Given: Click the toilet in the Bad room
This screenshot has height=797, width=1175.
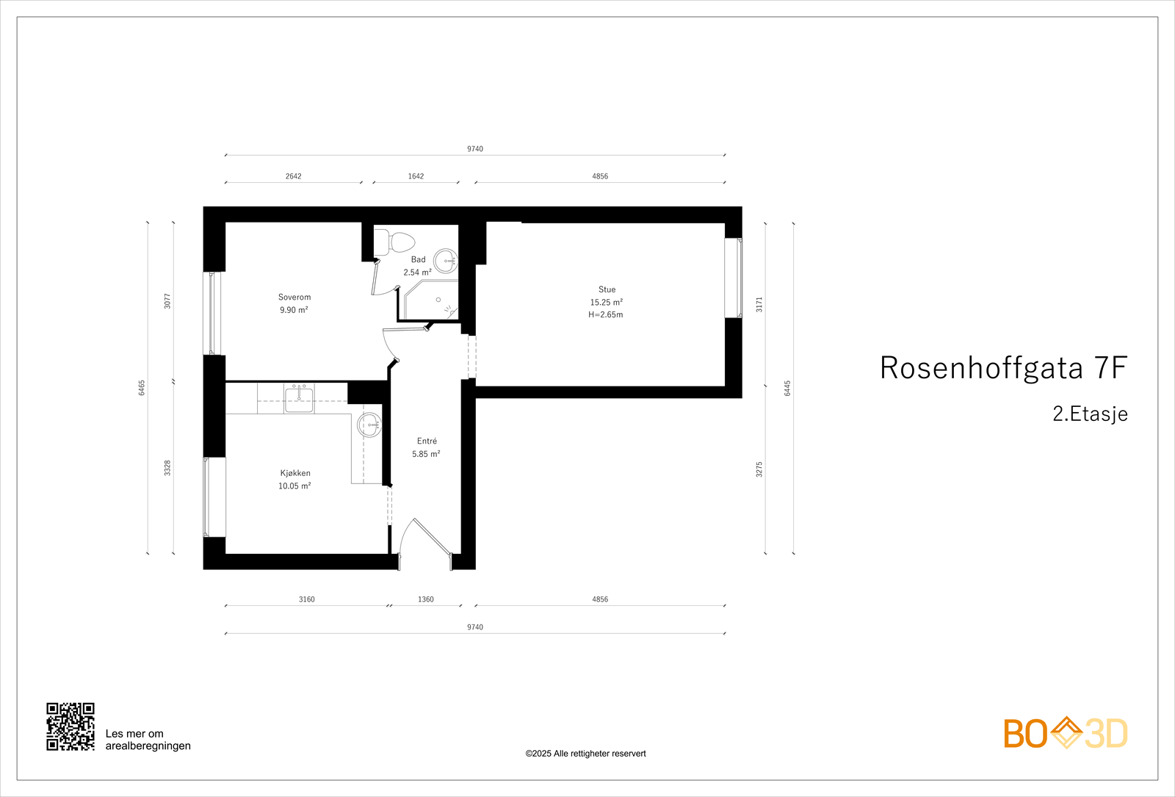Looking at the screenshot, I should (x=395, y=242).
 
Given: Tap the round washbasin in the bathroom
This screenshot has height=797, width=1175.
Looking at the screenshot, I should (x=445, y=261).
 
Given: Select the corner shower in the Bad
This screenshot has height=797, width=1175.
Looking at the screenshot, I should (x=430, y=302).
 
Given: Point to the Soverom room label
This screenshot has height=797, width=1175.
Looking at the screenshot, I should (x=294, y=297).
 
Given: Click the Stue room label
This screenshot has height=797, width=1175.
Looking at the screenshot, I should (x=607, y=289).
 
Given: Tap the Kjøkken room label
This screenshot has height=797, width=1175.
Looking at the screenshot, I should (x=295, y=473).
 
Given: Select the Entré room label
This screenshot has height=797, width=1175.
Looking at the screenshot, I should (x=427, y=441).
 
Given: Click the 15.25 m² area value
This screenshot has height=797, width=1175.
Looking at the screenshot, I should (x=607, y=302).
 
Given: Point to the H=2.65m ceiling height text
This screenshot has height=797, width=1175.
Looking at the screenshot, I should (x=606, y=314).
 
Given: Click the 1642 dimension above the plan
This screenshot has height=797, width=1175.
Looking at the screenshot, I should (x=416, y=176).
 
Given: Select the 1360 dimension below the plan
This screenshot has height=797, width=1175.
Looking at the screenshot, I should (x=426, y=599).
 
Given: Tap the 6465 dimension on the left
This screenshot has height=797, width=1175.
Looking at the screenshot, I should (x=142, y=388).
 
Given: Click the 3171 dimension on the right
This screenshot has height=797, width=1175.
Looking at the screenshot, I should (x=759, y=304).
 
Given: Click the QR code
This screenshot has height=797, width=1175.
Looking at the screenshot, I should (x=70, y=726).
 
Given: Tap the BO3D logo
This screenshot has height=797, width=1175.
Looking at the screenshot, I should (x=1066, y=733).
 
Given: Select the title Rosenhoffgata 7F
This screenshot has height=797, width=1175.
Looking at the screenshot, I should (x=1003, y=368).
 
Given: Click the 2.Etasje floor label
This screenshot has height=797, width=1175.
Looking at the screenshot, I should (x=1090, y=414).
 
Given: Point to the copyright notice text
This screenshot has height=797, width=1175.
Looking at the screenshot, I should (x=585, y=754).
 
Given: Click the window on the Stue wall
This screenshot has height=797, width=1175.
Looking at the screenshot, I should (x=734, y=278).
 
